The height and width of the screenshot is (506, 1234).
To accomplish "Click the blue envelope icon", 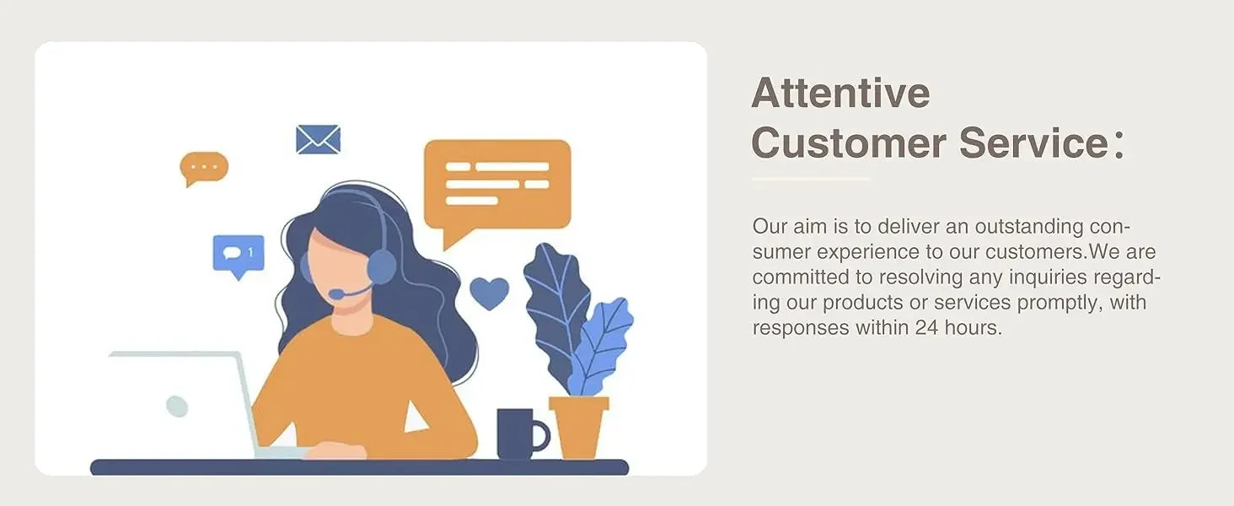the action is [318, 139].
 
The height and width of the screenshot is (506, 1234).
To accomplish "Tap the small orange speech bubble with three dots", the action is [204, 167].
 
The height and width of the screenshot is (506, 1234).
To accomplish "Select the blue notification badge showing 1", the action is [239, 256].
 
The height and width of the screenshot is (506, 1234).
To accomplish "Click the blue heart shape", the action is [489, 293].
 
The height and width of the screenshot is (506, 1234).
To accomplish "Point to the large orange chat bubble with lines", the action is [497, 187].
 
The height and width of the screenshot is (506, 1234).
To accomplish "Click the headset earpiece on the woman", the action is [381, 266].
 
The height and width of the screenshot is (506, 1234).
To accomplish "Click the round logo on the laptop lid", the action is [177, 406].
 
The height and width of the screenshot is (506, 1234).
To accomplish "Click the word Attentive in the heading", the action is [840, 93].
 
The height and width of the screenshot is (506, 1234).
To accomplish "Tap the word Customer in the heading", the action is [849, 143].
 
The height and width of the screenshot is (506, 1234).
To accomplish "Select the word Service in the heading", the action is [1034, 143].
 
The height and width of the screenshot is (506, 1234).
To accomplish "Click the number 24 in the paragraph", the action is [927, 328].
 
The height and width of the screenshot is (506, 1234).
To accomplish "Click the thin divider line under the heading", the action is [811, 179].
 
